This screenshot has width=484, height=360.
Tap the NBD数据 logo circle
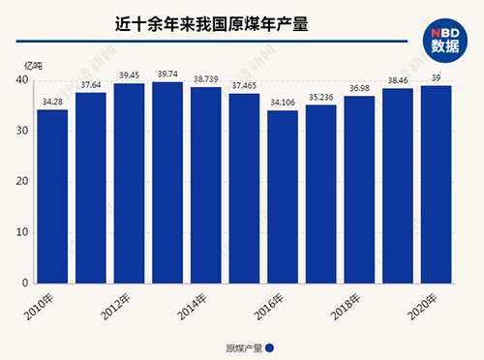click(x=446, y=36)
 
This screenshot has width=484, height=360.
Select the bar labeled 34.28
click(x=52, y=195)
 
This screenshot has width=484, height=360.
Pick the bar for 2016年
click(x=283, y=196)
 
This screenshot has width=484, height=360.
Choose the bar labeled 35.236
click(x=321, y=194)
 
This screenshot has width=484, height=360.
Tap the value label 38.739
click(x=206, y=77)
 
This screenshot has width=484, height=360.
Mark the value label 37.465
click(x=244, y=84)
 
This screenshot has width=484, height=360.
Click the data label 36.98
click(x=360, y=87)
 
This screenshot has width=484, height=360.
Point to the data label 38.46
click(x=398, y=79)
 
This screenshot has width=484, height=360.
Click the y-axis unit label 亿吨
click(x=34, y=64)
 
